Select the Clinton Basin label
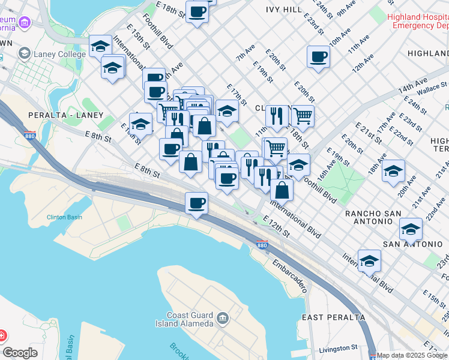(64, 217)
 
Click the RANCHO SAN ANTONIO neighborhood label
(376, 217)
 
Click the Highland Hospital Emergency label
(419, 22)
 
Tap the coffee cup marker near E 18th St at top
(197, 11)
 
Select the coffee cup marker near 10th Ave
(318, 57)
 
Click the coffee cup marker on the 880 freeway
(196, 203)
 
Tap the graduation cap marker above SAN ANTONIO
(411, 229)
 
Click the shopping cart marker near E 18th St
(303, 115)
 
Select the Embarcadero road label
(290, 275)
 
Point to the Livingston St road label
(338, 348)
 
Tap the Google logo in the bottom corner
(20, 353)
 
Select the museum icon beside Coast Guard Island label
(223, 317)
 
